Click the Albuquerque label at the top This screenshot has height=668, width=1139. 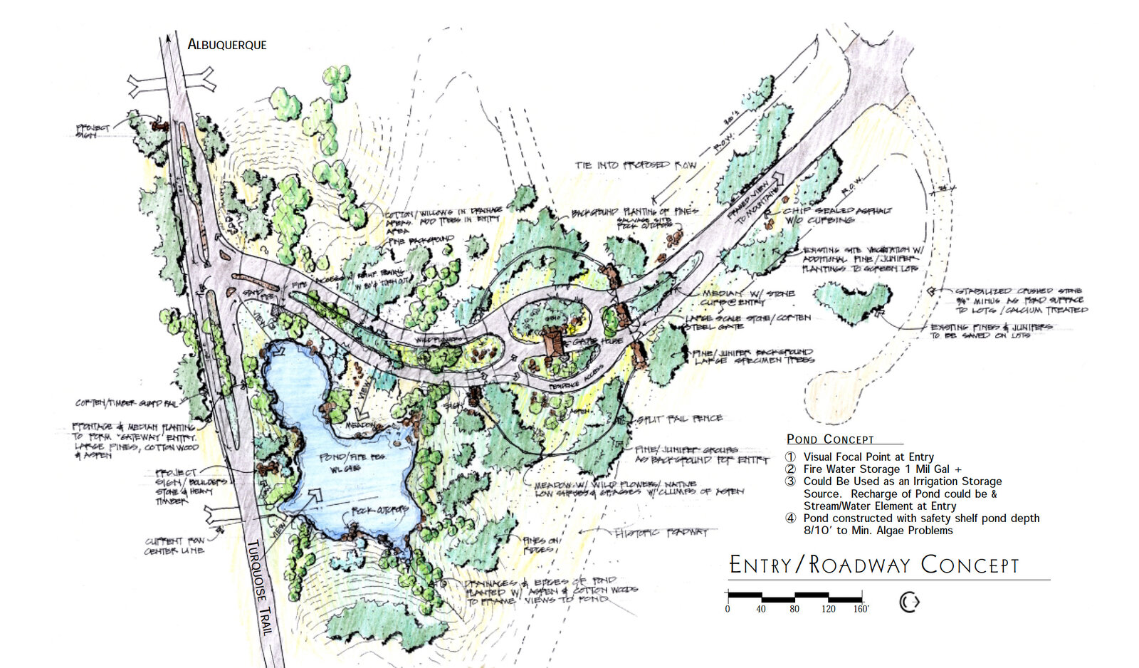click(226, 44)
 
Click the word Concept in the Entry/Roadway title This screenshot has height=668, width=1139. click(970, 565)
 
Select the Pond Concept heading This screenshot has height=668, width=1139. click(830, 439)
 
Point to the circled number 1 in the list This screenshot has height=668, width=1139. click(790, 457)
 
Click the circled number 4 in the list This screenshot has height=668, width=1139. click(790, 518)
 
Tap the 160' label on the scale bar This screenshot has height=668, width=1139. click(861, 609)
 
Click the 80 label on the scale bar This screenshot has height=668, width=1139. click(794, 609)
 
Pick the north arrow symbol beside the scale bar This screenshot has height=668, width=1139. click(909, 602)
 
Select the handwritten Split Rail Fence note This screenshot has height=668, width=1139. click(679, 419)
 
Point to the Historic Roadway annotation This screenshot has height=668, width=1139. click(666, 533)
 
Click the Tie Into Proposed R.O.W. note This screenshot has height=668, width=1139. click(636, 165)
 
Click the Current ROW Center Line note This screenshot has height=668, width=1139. click(174, 546)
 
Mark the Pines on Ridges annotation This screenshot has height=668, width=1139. click(542, 546)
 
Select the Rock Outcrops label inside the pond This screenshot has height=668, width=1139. click(380, 511)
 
